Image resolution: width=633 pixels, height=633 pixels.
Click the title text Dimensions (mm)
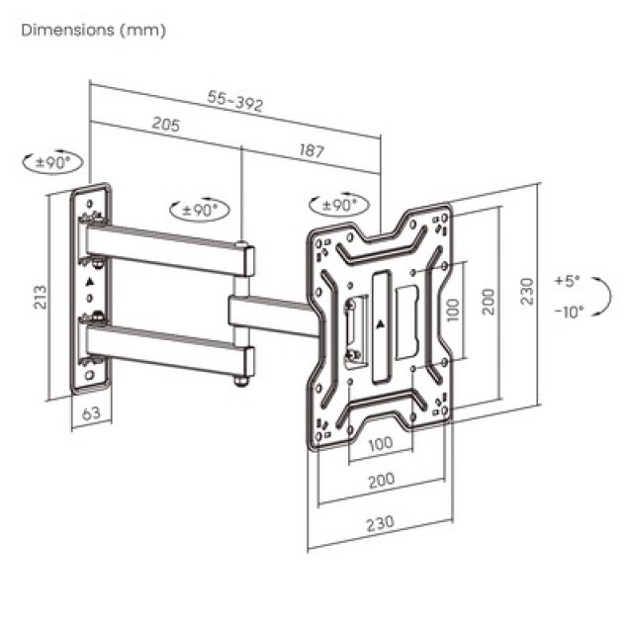(x=94, y=30)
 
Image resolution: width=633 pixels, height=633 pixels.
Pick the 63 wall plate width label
(x=89, y=413)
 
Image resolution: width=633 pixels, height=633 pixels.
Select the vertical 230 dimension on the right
(x=527, y=291)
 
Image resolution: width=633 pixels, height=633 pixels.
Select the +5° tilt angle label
(x=568, y=281)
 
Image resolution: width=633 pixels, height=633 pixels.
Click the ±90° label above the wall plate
(x=52, y=162)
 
